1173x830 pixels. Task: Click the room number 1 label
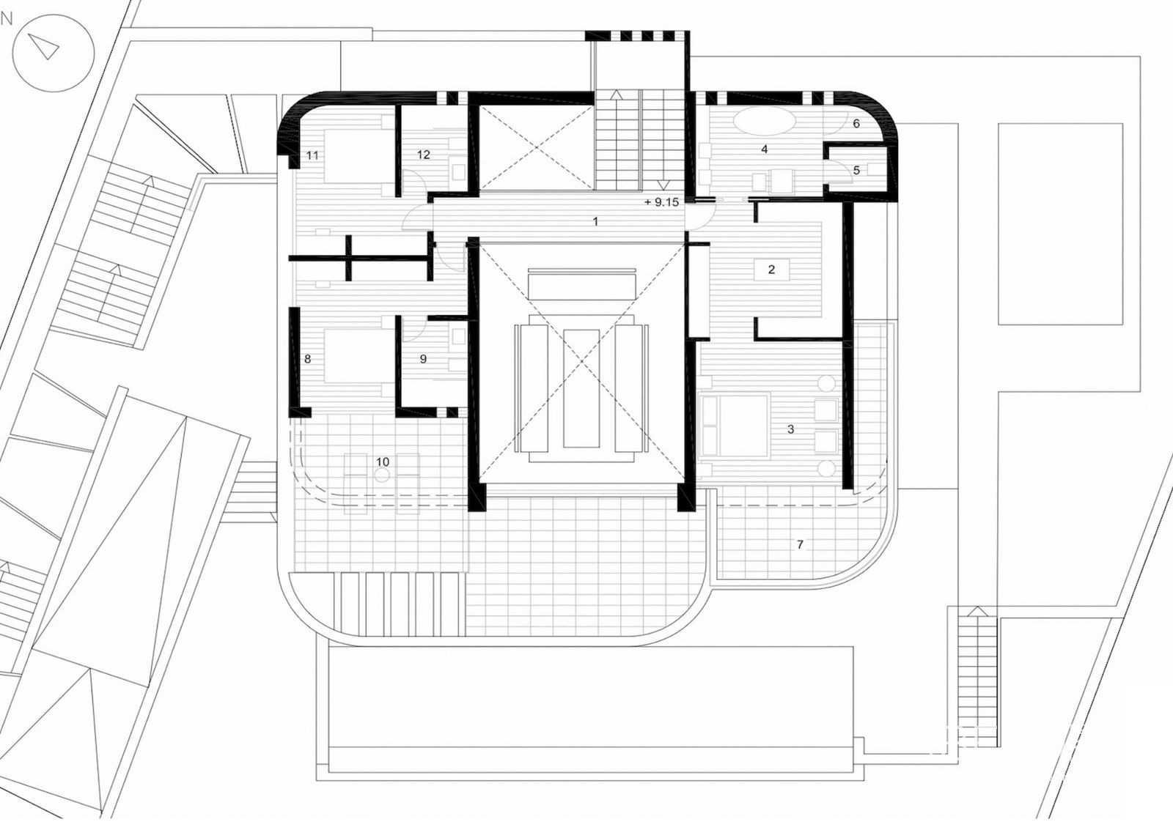coord(595,221)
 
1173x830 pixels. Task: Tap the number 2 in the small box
coord(771,270)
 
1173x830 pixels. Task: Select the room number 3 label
coord(791,429)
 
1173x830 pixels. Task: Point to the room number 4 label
coord(765,149)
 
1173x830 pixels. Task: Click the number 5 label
coord(857,170)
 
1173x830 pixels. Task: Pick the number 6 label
coord(857,124)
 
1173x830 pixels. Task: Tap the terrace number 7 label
coord(800,545)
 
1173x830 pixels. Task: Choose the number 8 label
coord(307,359)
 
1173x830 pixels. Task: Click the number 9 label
coord(423,359)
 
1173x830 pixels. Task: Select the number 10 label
coord(383,462)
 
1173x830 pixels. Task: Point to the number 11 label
coord(312,155)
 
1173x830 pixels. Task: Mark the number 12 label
coord(424,155)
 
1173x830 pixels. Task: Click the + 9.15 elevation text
coord(661,202)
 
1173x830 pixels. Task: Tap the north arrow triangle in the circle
coord(45,47)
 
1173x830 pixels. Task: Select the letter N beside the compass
coord(7,19)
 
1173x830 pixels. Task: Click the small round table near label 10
coord(383,475)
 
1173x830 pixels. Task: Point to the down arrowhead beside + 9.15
coord(663,185)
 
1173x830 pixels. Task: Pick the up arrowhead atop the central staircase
coord(617,95)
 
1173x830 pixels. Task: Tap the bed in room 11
coord(359,155)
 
